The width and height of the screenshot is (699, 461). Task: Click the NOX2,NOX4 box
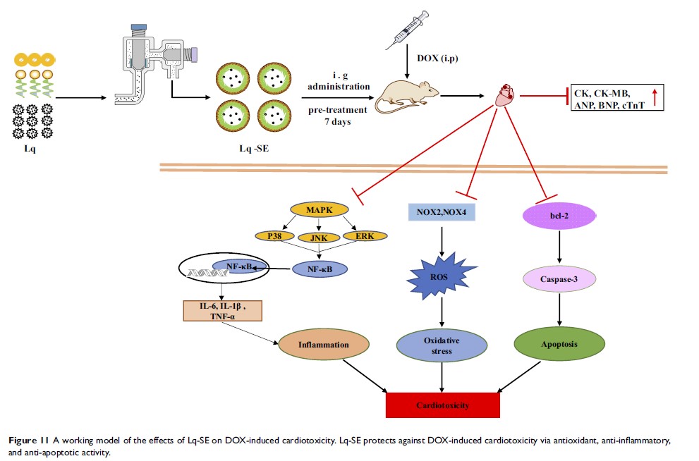[442, 210]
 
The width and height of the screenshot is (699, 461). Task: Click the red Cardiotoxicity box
[442, 405]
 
